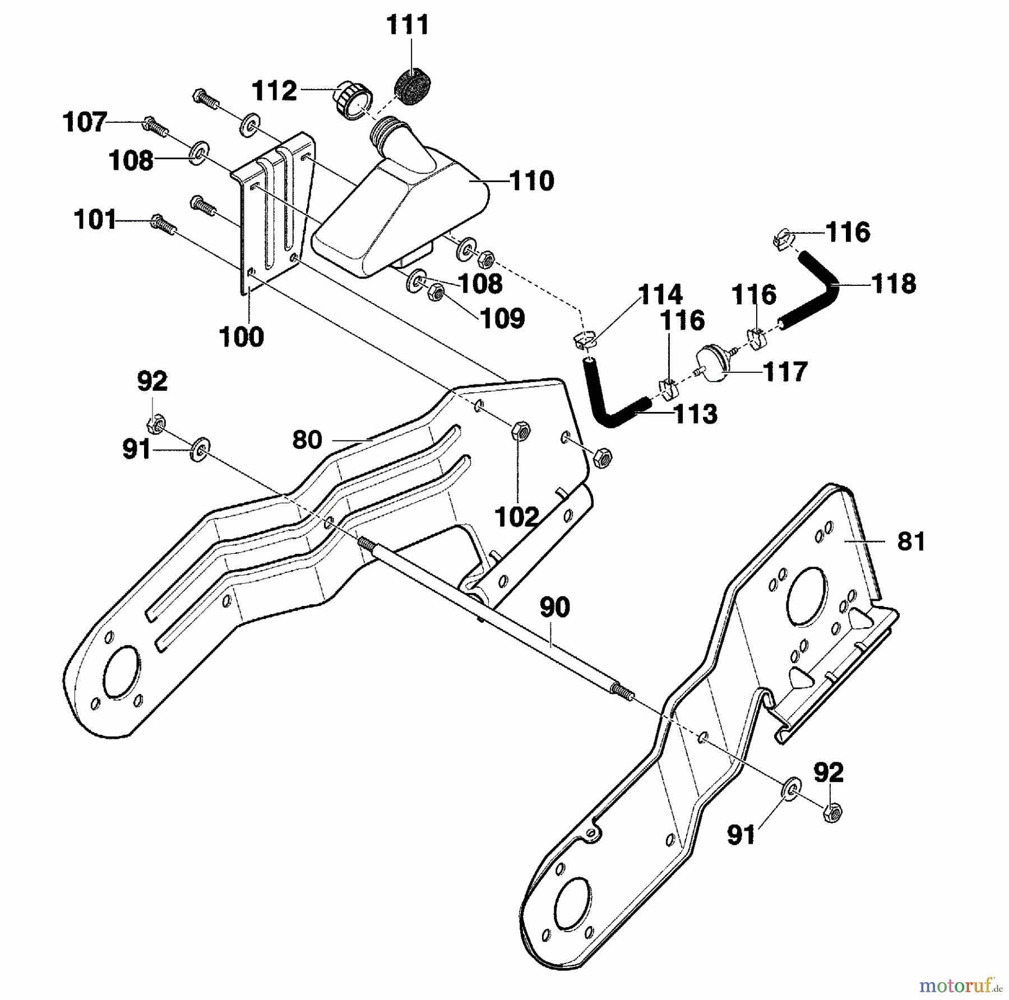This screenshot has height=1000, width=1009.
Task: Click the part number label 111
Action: (x=408, y=26)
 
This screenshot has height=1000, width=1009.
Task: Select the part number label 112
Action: (x=274, y=91)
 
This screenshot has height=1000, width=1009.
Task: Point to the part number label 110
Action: (x=532, y=182)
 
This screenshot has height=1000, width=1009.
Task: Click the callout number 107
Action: (x=85, y=122)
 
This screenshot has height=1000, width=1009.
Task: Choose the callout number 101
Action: (x=95, y=220)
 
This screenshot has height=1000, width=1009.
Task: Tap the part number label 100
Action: (x=241, y=337)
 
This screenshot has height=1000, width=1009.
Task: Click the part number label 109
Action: (x=502, y=318)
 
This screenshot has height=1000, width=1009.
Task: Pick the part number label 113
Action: (x=695, y=414)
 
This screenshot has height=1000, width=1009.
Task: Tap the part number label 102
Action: (x=517, y=517)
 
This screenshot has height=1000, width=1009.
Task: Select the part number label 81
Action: (x=911, y=541)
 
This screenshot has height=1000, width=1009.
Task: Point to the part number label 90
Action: (x=554, y=607)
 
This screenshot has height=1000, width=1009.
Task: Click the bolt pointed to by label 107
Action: (x=156, y=126)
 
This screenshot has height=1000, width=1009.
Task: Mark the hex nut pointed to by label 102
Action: (x=521, y=432)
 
